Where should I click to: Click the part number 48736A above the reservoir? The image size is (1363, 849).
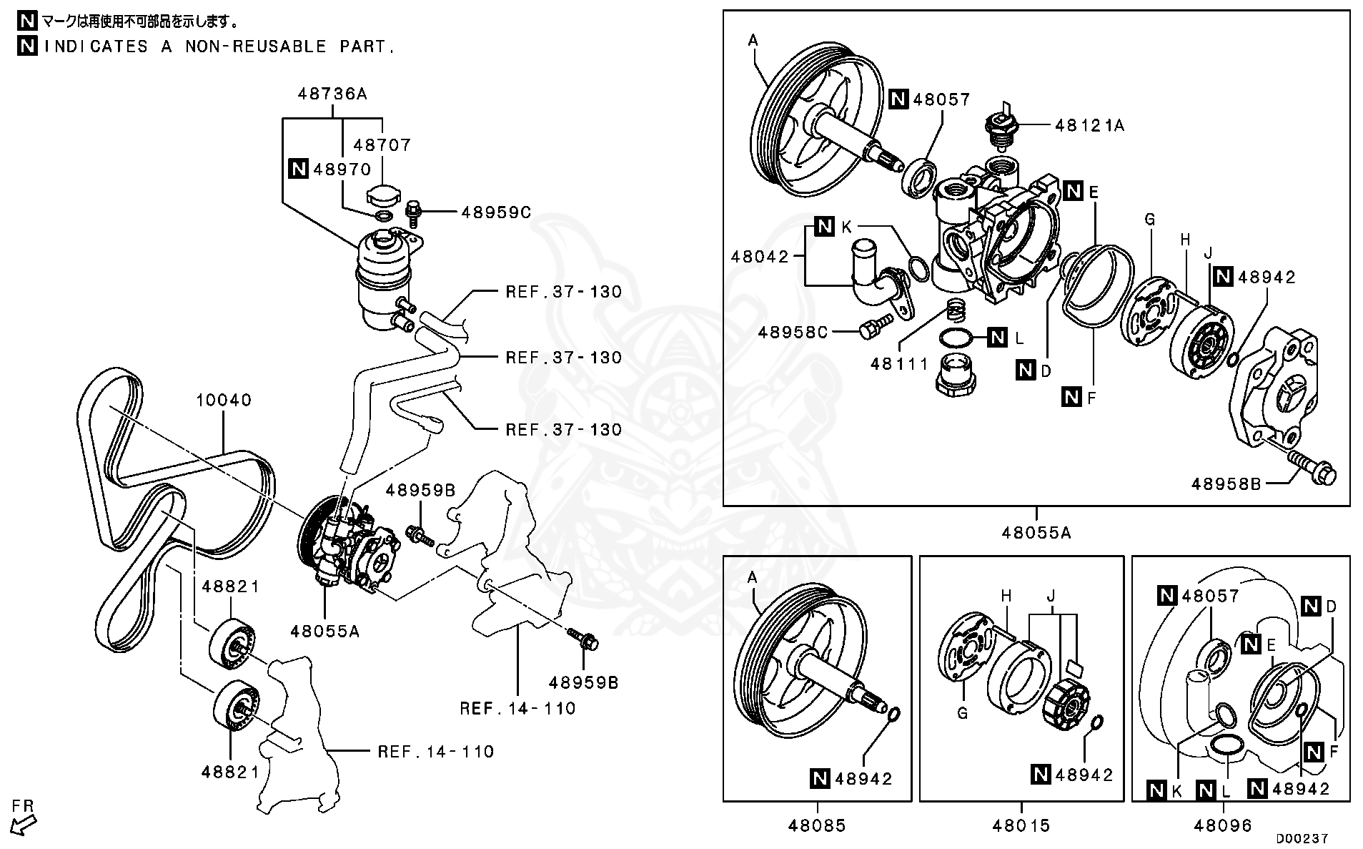332,94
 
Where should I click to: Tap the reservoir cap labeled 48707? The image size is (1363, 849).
384,194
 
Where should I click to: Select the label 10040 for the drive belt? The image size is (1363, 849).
224,400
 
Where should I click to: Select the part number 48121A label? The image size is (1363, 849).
1089,126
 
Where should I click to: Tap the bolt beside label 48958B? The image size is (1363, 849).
1314,471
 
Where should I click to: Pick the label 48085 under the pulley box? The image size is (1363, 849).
817,825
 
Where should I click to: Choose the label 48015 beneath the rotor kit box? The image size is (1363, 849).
1021,825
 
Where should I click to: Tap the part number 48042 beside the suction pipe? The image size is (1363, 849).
759,256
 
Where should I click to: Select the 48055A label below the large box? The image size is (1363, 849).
1036,532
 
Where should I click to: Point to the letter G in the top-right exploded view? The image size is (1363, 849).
1149,220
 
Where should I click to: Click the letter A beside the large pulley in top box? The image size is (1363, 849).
753,41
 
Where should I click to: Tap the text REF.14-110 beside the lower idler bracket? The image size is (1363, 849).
436,751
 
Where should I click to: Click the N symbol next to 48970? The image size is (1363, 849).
298,169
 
